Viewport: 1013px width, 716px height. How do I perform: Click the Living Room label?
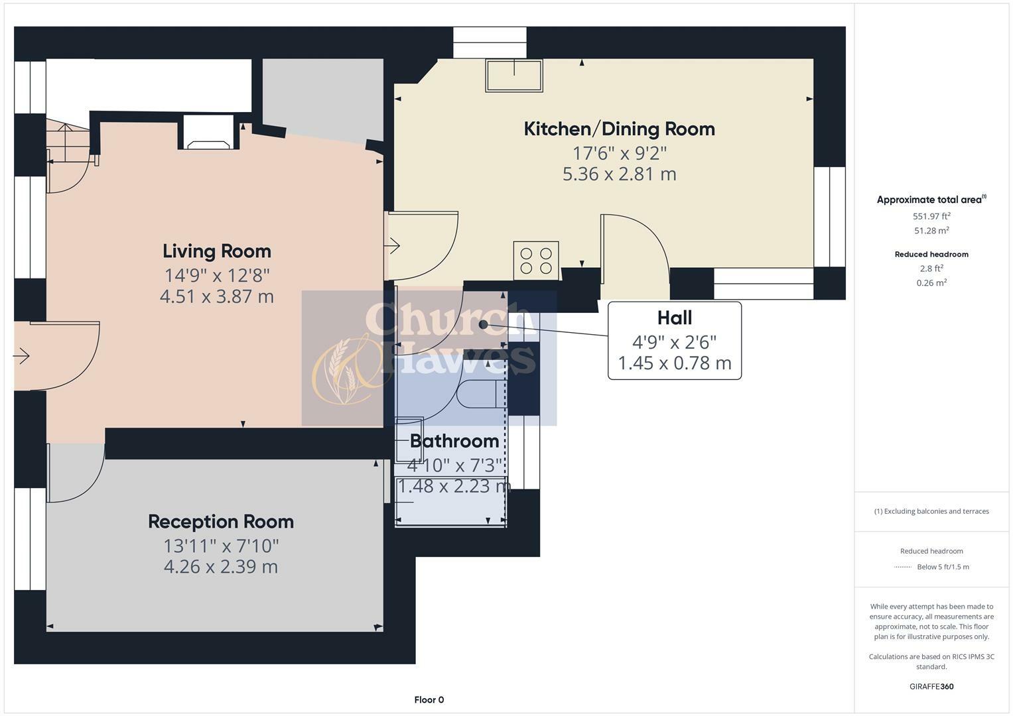coord(217,251)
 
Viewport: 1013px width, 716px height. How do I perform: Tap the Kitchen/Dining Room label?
coord(619,129)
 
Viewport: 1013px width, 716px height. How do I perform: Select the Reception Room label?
coord(220,522)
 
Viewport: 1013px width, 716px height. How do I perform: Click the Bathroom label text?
coord(454,441)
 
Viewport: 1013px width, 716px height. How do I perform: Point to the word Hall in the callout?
coord(674,318)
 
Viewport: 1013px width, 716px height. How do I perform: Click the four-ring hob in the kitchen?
coord(536,261)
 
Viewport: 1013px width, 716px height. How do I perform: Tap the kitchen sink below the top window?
coord(514,76)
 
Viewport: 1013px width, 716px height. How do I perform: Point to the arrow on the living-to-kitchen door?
coord(393,247)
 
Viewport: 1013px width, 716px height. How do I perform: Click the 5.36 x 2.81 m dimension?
coord(619,174)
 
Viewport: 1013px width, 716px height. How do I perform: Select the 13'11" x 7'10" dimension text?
coord(220,546)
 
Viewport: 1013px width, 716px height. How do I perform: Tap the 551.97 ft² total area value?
coord(931,216)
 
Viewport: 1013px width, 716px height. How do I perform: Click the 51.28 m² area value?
coord(931,231)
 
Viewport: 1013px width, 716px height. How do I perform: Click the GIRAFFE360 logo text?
coord(931,686)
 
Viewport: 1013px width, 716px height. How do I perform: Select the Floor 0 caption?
coord(429,699)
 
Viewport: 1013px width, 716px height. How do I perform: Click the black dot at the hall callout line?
coord(484,325)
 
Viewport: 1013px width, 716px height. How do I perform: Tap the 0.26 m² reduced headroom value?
coord(931,282)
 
